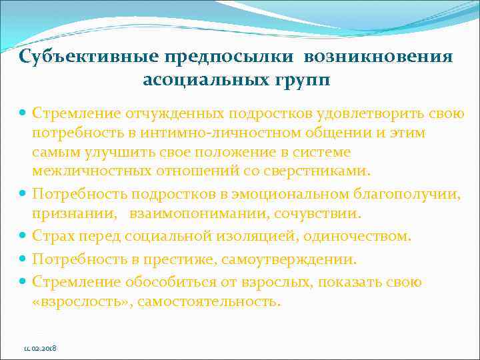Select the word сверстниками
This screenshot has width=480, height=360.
coord(322,171)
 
